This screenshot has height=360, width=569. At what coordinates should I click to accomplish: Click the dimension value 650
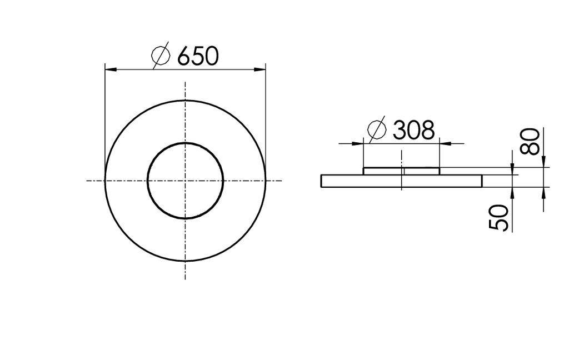(x=198, y=56)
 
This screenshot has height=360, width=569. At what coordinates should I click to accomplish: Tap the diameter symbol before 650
(x=161, y=57)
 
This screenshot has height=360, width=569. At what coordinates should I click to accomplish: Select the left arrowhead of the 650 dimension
(x=111, y=69)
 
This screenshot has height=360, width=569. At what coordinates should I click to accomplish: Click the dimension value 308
(x=413, y=131)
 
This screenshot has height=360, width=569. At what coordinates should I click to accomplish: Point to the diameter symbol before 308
(x=377, y=130)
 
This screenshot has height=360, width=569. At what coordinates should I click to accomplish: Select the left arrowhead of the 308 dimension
(x=357, y=143)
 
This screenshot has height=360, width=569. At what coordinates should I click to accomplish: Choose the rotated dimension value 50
(x=499, y=217)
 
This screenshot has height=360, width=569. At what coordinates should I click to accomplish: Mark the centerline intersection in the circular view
(x=185, y=180)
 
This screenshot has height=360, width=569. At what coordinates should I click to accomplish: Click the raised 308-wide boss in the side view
(x=401, y=171)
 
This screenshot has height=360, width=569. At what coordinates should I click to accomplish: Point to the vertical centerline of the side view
(x=401, y=161)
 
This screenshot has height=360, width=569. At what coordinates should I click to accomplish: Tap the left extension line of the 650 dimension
(x=105, y=111)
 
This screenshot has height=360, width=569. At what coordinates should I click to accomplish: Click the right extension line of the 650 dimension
(x=266, y=111)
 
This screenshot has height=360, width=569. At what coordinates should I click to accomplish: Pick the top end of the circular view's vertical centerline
(x=185, y=82)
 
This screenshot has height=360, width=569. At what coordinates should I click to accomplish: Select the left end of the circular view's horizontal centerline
(x=87, y=180)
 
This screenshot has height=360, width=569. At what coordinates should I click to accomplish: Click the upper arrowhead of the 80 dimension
(x=543, y=161)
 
